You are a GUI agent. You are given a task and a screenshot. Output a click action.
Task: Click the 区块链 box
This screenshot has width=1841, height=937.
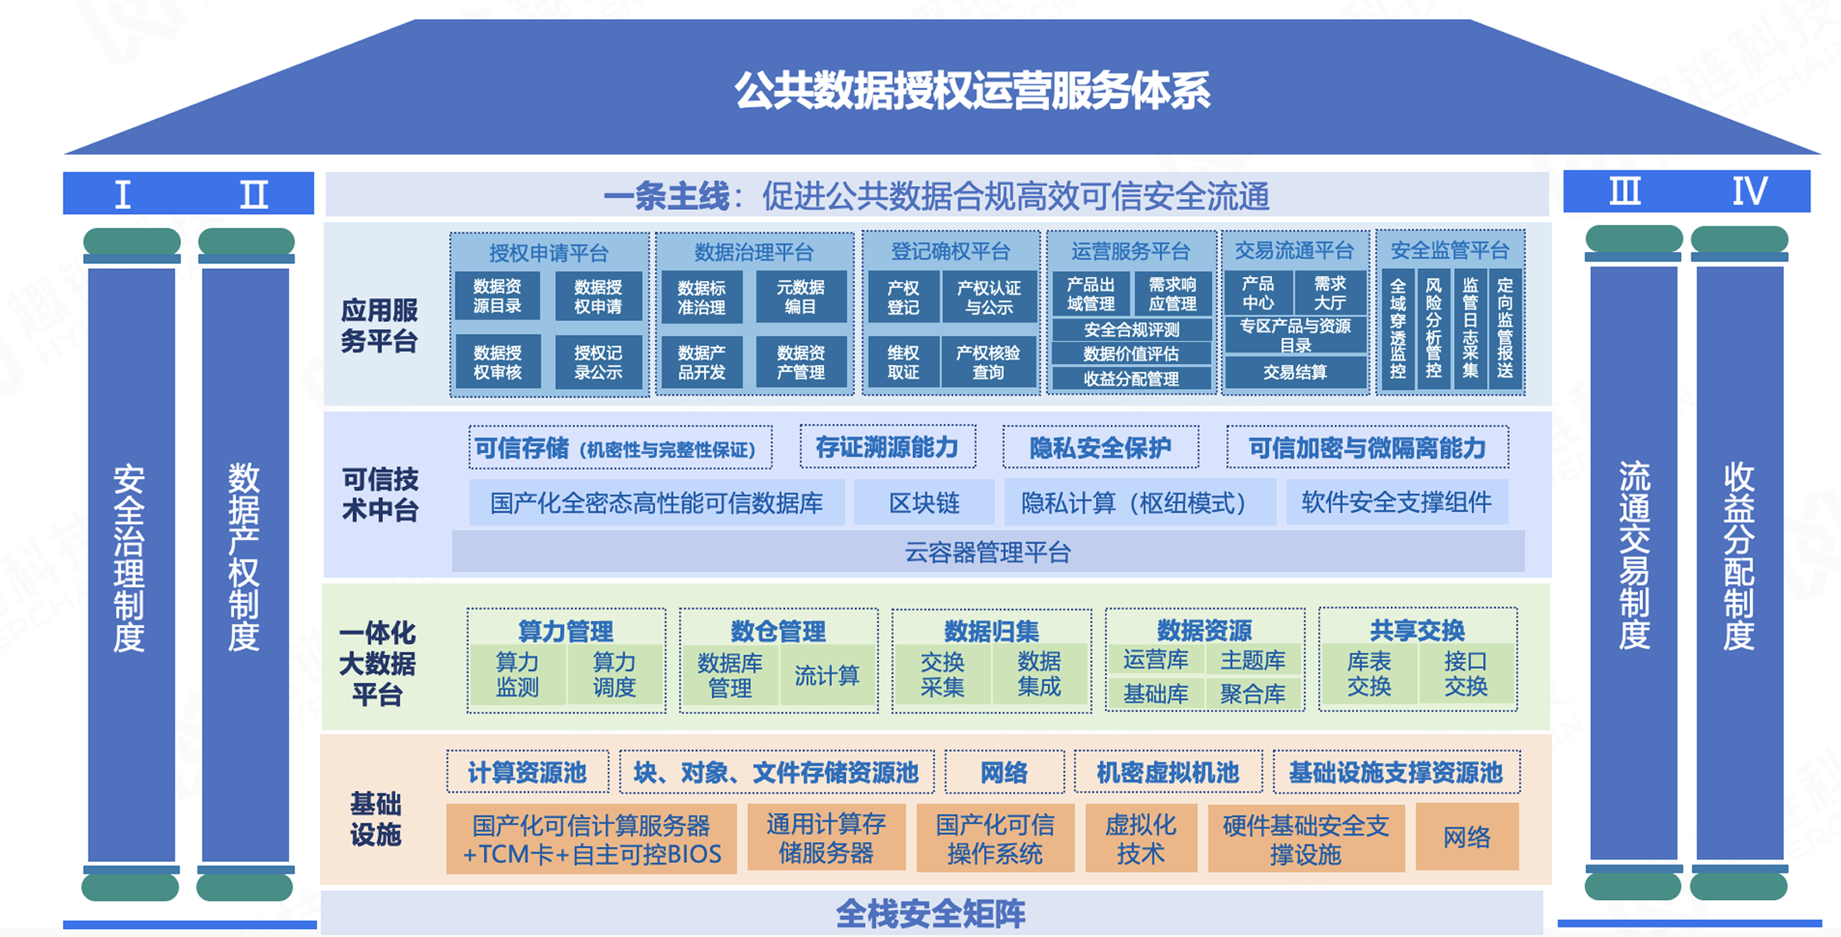[x=924, y=503]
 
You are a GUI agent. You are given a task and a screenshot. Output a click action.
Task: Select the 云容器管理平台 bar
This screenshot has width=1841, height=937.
[x=988, y=552]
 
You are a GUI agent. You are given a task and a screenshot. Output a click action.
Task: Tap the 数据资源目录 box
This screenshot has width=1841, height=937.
[x=497, y=296]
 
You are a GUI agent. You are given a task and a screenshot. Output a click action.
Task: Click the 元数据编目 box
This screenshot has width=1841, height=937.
[x=801, y=297]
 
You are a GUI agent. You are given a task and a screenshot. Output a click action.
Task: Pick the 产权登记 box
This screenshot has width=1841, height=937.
[x=903, y=297]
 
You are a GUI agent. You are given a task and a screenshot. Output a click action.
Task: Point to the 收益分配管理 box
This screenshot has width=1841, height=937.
[x=1131, y=378]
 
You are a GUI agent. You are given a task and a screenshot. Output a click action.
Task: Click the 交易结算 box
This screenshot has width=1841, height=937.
[x=1295, y=372]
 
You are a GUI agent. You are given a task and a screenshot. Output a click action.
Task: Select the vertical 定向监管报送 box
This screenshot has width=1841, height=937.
[x=1505, y=328]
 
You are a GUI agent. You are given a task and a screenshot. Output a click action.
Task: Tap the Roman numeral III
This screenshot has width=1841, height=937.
[x=1625, y=192]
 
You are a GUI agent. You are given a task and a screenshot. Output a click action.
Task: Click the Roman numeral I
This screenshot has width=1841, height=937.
[x=122, y=194]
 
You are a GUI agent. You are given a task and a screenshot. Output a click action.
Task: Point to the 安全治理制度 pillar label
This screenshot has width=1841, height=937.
[x=130, y=557]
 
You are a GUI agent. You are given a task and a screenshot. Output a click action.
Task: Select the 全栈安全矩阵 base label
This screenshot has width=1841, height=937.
[x=930, y=914]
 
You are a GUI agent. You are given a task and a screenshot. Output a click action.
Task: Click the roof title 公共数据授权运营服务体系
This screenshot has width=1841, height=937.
[x=972, y=90]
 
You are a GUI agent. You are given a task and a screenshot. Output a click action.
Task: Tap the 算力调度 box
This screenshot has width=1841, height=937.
[x=614, y=675]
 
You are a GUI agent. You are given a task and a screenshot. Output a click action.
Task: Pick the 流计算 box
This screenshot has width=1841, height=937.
[x=826, y=675]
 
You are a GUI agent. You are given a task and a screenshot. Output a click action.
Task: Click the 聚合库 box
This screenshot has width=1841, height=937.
[x=1253, y=694]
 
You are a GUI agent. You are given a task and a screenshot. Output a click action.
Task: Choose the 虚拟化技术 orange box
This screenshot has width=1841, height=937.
[x=1141, y=838]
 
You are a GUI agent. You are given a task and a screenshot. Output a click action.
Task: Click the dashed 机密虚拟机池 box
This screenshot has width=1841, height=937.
[x=1168, y=772]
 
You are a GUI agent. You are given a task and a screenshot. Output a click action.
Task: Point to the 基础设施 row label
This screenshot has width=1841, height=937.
[x=375, y=819]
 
